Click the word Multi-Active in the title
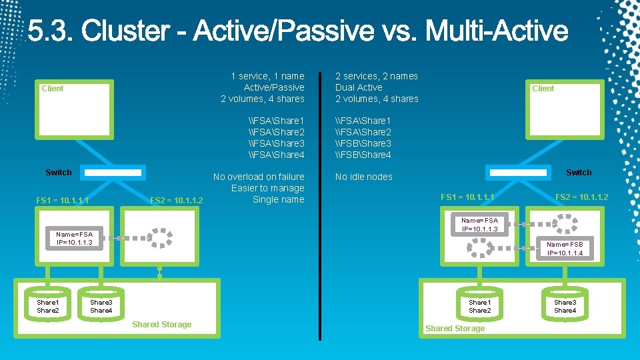497,31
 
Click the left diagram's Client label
53,88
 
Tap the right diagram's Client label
543,88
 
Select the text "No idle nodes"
363,177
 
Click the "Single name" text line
278,199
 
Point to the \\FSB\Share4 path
363,155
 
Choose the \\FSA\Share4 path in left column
276,155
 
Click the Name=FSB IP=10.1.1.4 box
565,249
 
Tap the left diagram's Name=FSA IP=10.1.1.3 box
74,238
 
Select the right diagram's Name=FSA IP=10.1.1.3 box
479,225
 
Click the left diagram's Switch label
59,172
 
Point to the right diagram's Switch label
578,172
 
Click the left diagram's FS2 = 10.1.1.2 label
177,200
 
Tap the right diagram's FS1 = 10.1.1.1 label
467,197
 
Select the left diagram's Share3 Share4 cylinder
101,306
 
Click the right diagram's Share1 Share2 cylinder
479,306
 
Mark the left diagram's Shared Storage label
161,325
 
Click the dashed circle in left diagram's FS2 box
159,237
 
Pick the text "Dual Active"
359,87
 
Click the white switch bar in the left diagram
114,173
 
